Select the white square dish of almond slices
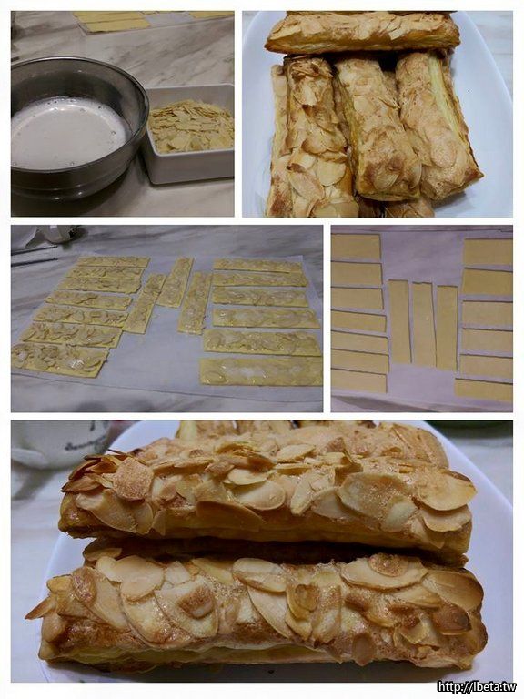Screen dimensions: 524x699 point(189,134)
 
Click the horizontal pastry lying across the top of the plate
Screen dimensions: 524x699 point(362,31)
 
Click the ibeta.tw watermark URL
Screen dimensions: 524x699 point(477,686)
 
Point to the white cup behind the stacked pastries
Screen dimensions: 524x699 point(58,443)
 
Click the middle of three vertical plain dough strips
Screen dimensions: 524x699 point(423,322)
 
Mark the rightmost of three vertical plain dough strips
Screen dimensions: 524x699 point(447,328)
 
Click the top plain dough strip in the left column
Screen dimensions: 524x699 point(356,247)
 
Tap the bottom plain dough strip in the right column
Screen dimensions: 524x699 point(483,391)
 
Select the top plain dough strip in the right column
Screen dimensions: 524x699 point(488,252)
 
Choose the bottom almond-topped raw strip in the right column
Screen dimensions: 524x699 point(262,371)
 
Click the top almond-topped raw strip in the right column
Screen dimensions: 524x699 point(257,266)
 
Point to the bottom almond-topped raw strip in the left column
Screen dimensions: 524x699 point(60,360)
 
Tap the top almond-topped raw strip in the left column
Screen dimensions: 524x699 point(114,261)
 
